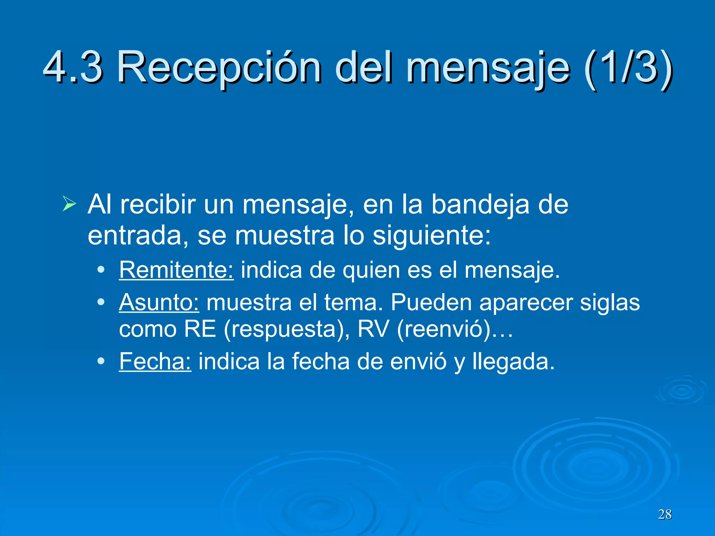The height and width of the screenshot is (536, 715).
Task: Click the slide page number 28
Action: (665, 514)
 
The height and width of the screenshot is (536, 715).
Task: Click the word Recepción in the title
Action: (219, 67)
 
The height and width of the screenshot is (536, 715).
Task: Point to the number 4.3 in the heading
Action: (73, 67)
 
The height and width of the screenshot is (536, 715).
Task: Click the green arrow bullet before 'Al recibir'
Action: (69, 204)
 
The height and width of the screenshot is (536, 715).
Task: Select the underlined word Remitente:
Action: (176, 270)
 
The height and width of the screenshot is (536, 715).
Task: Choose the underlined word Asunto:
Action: (159, 302)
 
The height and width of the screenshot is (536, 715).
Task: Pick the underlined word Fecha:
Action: (155, 361)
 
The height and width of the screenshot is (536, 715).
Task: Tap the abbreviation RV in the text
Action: (373, 329)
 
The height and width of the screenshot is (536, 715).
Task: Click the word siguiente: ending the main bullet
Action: (432, 236)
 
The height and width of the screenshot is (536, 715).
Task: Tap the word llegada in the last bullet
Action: (513, 362)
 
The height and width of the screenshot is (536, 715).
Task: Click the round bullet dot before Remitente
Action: (101, 270)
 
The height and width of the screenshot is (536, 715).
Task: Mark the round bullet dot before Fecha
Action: (101, 361)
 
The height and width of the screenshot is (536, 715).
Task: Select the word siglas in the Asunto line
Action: (610, 302)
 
